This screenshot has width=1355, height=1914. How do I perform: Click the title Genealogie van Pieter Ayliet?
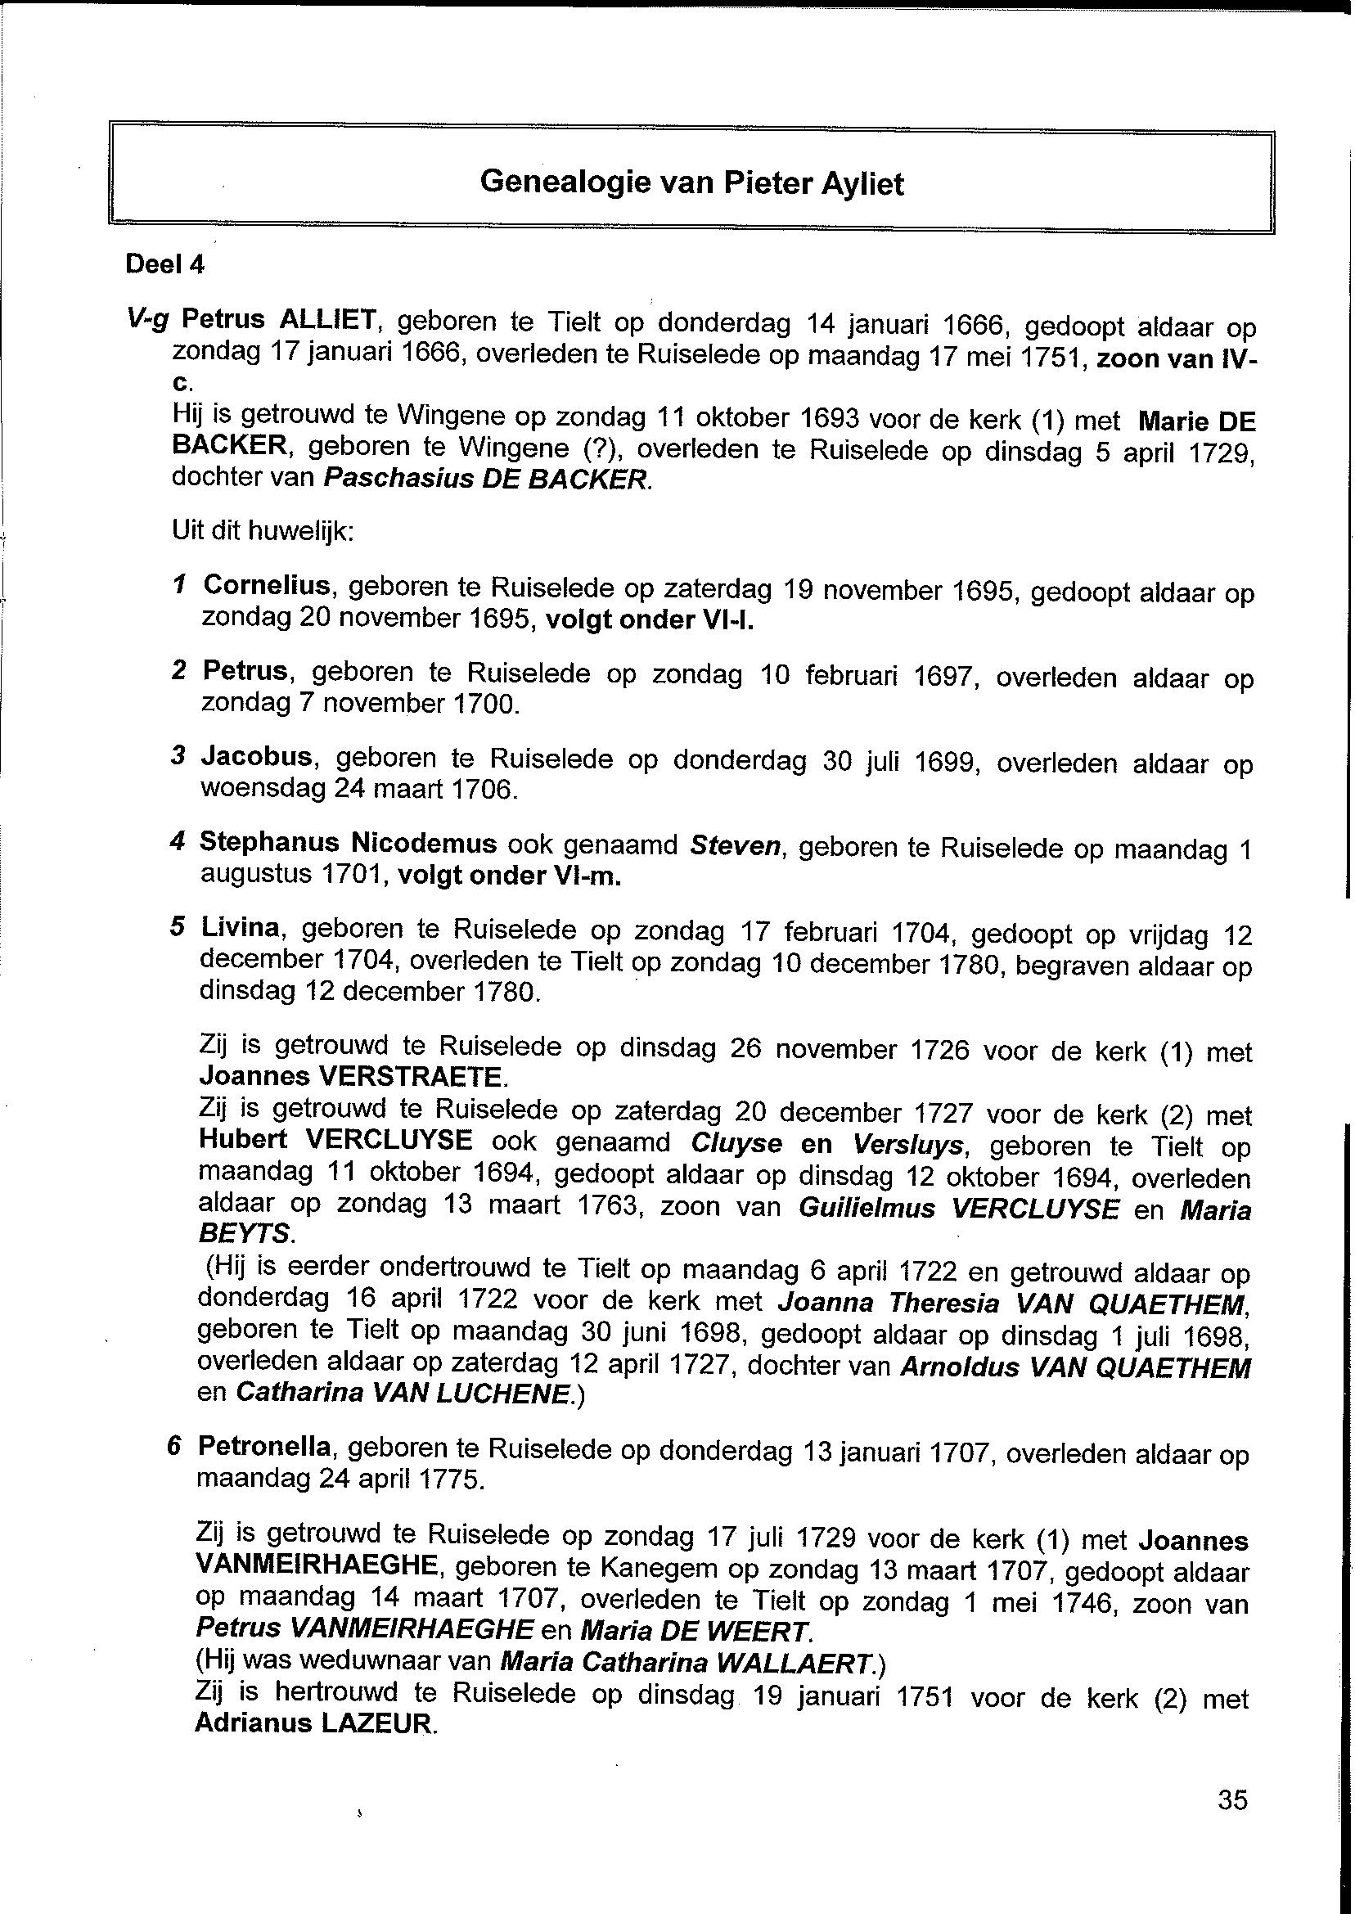coord(691,182)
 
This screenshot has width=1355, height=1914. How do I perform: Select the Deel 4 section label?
coord(164,264)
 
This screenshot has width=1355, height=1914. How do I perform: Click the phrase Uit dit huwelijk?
coord(263,531)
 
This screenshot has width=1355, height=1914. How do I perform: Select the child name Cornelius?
coord(268,586)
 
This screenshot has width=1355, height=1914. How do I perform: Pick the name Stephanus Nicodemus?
coord(348,843)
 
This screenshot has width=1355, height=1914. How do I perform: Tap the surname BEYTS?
coord(245,1233)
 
